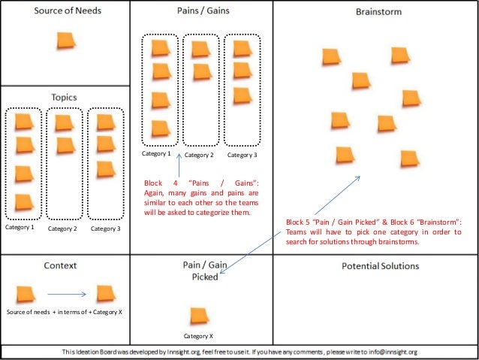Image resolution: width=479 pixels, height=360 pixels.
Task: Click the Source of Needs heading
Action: [x=68, y=11]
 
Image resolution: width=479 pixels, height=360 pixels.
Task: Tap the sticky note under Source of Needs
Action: [x=66, y=41]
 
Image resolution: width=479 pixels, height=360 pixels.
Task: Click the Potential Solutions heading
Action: [x=380, y=266]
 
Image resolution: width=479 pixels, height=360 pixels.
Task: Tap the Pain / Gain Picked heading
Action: [x=200, y=271]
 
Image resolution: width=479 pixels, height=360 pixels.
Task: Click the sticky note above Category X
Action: [x=200, y=316]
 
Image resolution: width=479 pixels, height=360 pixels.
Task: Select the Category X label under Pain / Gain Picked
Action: [x=199, y=336]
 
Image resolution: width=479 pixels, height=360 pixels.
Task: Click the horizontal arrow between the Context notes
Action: [x=71, y=295]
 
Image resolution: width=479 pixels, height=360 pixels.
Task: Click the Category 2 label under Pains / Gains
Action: [x=200, y=155]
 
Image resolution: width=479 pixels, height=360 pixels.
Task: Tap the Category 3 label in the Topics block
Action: [x=105, y=228]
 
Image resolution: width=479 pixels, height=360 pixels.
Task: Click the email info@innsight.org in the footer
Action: [x=390, y=351]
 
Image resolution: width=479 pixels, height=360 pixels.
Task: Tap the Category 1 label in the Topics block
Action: [x=20, y=226]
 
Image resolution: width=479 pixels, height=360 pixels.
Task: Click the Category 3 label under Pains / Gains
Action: [x=242, y=155]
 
